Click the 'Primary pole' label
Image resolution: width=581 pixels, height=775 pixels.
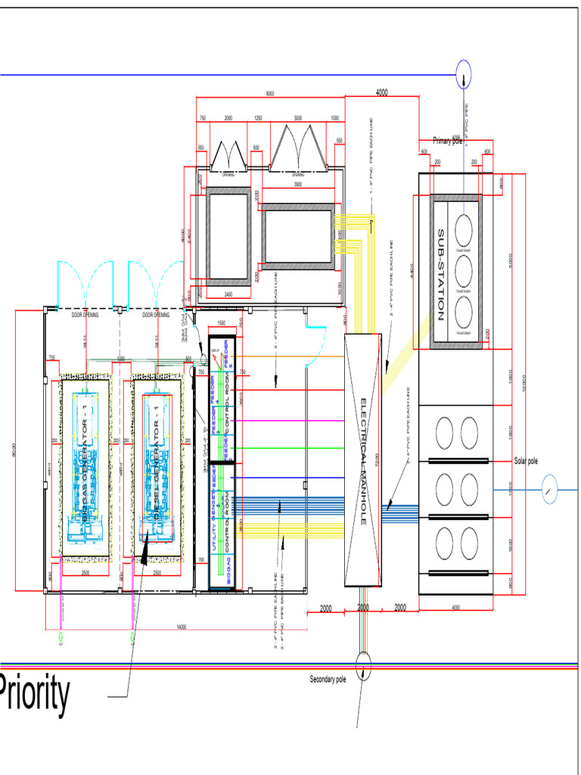pos(447,141)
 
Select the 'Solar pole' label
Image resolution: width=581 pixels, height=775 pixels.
pos(526,461)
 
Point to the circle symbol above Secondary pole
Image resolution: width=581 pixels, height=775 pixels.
pos(364,664)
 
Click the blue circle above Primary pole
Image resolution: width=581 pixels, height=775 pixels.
pos(464,74)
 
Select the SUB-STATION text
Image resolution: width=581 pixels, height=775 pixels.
pos(440,274)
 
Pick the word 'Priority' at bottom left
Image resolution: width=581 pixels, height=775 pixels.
pos(34,695)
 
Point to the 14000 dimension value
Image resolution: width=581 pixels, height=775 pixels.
pos(182,627)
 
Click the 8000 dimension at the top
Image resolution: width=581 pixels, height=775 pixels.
pos(270,93)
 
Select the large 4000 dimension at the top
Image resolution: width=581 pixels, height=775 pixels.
pos(381,92)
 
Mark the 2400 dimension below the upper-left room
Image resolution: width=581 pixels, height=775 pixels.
pos(228,294)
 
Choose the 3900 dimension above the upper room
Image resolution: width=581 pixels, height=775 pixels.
pos(297,184)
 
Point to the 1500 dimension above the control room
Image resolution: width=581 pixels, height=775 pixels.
pos(222,323)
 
